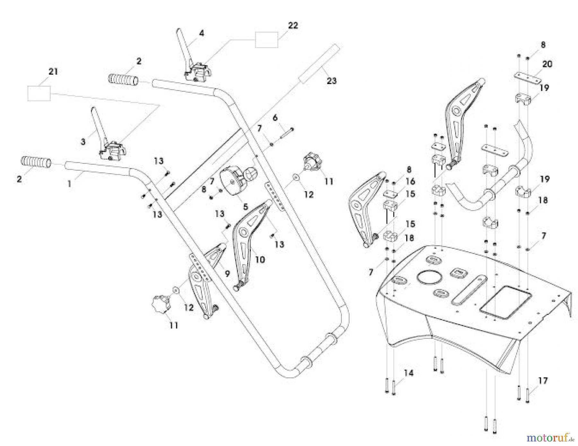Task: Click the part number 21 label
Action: pos(53,72)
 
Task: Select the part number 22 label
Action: pos(293,25)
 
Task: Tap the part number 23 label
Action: pos(331,81)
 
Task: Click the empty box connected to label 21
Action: pos(39,93)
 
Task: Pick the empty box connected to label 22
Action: pos(267,40)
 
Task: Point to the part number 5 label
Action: pos(245,207)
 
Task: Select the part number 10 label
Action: pos(260,259)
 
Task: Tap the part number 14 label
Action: pos(409,373)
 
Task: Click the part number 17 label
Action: pos(543,381)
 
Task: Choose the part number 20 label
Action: pos(547,64)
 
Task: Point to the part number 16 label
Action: pos(410,182)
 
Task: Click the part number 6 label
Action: pos(275,118)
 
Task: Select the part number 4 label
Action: pos(201,33)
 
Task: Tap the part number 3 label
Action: pos(83,142)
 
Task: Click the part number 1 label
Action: pos(69,184)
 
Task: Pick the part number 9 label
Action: pos(227,274)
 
